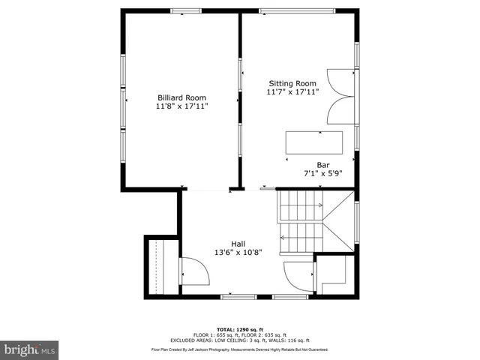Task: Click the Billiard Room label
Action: click(181, 97)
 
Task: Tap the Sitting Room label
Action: click(292, 83)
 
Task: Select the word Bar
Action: click(323, 164)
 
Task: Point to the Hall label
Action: click(238, 243)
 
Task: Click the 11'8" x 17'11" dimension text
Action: click(181, 107)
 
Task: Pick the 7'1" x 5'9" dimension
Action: click(323, 174)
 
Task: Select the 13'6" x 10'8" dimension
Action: click(238, 253)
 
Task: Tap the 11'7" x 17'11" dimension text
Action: click(292, 92)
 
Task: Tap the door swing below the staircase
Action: click(298, 277)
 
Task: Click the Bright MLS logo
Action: click(30, 349)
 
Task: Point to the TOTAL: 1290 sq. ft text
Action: click(239, 329)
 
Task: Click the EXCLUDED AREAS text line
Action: click(239, 340)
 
